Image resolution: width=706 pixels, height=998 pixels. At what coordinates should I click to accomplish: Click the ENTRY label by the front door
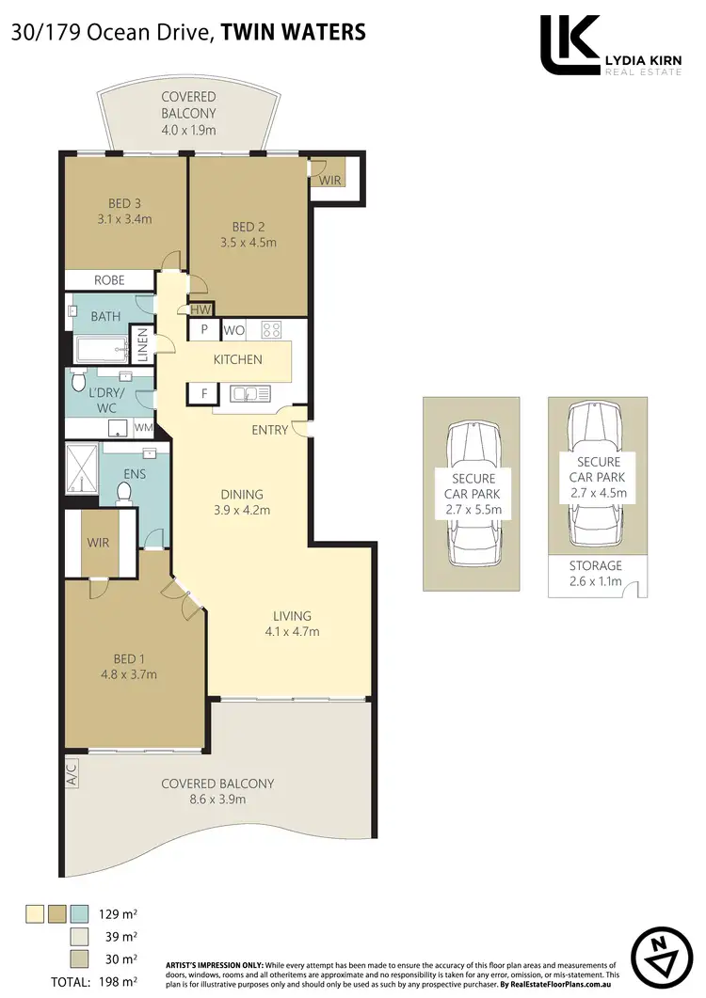(270, 429)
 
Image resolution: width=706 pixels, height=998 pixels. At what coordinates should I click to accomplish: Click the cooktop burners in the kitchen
(271, 330)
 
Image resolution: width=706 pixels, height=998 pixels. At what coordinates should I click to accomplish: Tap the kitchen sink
(249, 393)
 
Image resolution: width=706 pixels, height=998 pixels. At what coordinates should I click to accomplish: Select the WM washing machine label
(144, 428)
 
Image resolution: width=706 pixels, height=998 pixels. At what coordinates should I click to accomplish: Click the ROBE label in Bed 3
(109, 279)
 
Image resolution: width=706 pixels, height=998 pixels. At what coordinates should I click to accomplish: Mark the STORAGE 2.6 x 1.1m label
(596, 573)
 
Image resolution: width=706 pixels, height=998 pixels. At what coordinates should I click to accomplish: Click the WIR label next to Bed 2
(330, 180)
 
